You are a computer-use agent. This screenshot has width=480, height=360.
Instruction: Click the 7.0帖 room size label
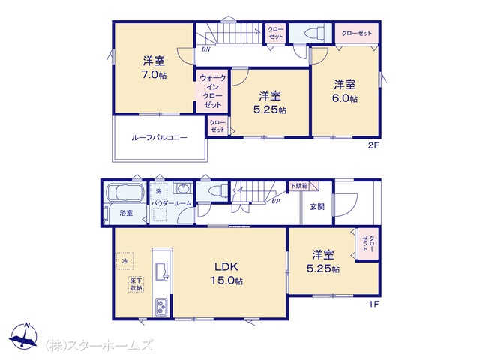(x=154, y=75)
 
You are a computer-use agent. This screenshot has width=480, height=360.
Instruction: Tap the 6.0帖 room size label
(x=345, y=98)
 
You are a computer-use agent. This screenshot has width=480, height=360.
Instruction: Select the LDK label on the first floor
(x=226, y=267)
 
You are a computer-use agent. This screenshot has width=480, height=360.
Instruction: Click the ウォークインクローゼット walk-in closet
(x=212, y=91)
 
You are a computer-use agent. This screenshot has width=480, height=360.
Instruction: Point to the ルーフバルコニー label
(x=159, y=138)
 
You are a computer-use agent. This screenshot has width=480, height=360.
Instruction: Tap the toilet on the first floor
(x=217, y=191)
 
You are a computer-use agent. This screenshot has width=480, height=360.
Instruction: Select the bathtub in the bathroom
(x=125, y=193)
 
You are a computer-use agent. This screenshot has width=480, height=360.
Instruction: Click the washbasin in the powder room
(x=183, y=188)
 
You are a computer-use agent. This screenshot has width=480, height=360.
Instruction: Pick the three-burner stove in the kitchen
(x=161, y=307)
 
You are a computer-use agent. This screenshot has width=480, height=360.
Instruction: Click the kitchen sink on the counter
(x=162, y=271)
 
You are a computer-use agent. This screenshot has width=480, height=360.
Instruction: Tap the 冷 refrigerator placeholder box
(x=125, y=261)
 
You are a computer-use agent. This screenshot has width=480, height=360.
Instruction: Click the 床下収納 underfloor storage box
(x=136, y=284)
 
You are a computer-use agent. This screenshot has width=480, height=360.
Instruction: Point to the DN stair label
(x=205, y=49)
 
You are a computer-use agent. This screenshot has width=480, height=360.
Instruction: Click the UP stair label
(x=276, y=202)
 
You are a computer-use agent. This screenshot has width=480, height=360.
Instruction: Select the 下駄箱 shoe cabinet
(x=299, y=186)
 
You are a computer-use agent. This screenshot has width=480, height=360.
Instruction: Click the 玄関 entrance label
(x=317, y=207)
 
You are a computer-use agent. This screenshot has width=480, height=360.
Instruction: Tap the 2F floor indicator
(x=373, y=145)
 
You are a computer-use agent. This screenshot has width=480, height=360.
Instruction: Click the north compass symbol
(x=23, y=336)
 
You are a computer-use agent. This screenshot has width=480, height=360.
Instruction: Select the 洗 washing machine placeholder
(x=158, y=191)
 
